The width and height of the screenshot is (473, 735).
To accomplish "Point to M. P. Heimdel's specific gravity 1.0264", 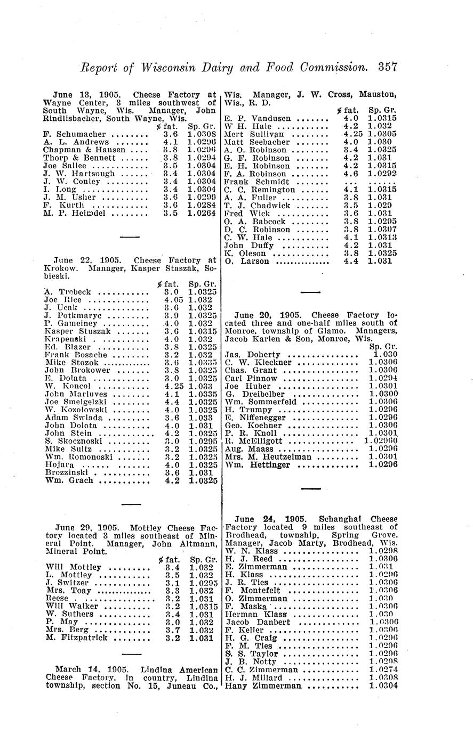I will coord(202,213).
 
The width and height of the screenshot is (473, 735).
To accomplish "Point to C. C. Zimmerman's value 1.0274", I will coord(383,670).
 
